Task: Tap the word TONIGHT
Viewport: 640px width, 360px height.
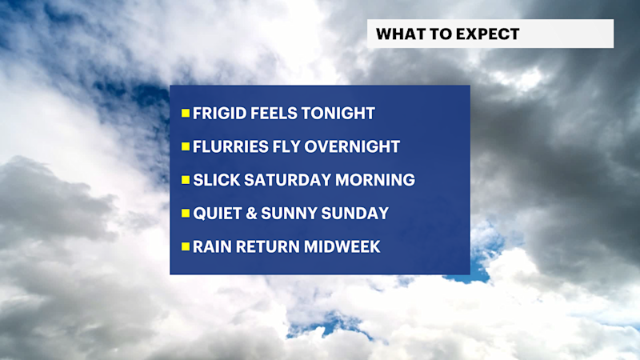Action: click(x=339, y=114)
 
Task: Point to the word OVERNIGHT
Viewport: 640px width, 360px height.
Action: click(x=353, y=147)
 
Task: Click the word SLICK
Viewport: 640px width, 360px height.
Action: click(x=214, y=181)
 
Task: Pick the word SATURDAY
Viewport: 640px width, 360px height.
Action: click(x=283, y=181)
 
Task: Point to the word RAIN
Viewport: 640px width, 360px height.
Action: click(x=210, y=247)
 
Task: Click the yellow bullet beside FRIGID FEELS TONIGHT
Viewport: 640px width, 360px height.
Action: click(x=186, y=114)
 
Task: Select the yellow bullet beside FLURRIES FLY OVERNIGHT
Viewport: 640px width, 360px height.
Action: click(x=186, y=147)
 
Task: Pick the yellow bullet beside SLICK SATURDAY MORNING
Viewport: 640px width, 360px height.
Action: click(x=186, y=181)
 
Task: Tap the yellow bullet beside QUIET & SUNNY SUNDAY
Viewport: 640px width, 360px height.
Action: click(x=186, y=214)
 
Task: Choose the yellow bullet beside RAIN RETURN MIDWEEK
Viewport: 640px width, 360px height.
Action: click(x=186, y=247)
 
